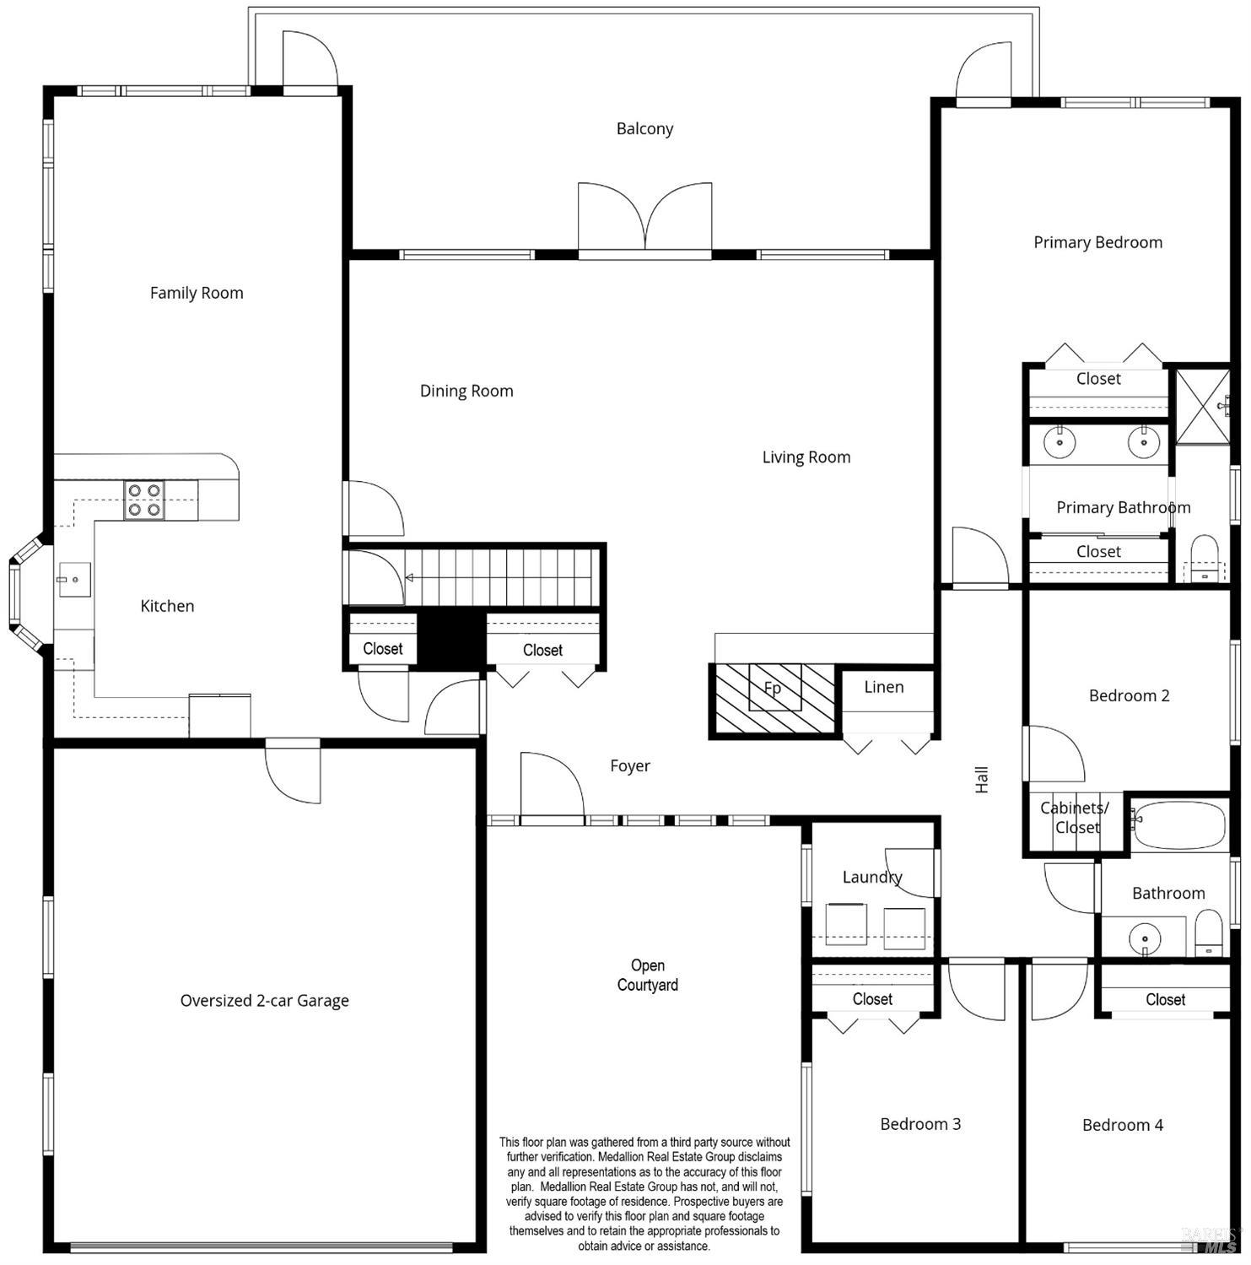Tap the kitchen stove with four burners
144,500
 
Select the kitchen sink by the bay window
74,580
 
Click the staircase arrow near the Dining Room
410,578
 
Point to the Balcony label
644,129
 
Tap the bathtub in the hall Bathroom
1179,824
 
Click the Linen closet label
883,687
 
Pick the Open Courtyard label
647,975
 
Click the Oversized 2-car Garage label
264,1001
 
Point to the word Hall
982,779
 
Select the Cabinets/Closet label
1075,818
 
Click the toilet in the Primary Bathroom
1204,558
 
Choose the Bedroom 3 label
919,1124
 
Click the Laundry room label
871,877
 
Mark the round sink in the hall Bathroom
1145,938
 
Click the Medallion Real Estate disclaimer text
644,1193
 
